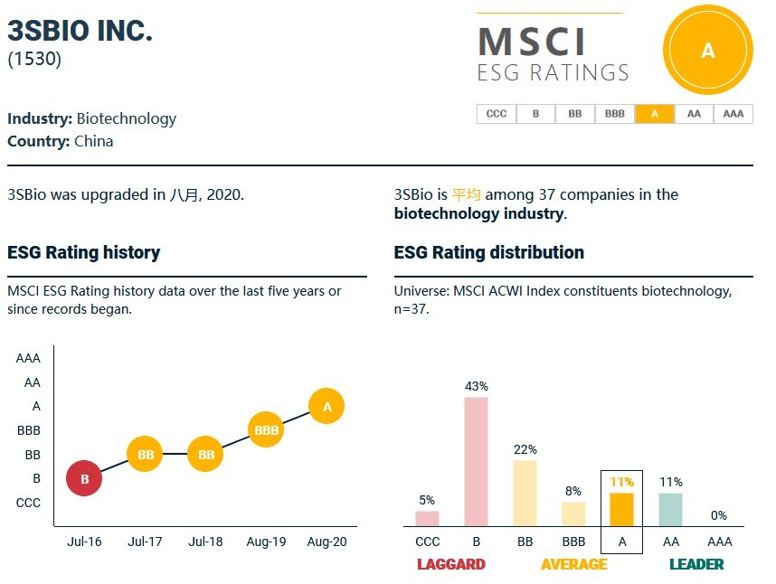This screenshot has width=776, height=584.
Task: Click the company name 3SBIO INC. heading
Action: [x=80, y=30]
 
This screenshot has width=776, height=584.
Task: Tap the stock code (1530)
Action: [x=33, y=60]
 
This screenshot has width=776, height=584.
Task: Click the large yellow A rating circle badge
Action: [x=707, y=51]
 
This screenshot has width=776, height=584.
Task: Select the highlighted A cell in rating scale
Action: [x=654, y=114]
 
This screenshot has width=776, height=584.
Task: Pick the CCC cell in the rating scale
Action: [x=496, y=114]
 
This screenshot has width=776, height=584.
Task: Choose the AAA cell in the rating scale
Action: [x=733, y=114]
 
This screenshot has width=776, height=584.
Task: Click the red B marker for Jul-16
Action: [x=84, y=479]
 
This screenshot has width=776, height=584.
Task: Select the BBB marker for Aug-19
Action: [x=267, y=430]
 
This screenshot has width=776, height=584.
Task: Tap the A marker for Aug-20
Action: [x=326, y=407]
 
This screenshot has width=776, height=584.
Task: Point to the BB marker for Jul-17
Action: [x=145, y=455]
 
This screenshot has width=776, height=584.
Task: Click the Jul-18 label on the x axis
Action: [x=205, y=542]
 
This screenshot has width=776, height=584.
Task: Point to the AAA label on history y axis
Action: [x=28, y=358]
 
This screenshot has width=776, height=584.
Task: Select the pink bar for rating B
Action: [x=476, y=461]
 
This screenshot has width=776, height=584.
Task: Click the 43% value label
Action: [x=476, y=386]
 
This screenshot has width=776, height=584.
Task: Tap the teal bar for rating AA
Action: [x=670, y=509]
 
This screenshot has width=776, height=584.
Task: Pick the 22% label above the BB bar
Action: [x=525, y=449]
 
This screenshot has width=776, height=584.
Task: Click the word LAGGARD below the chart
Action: [x=450, y=564]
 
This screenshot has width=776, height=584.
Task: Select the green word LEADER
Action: [x=696, y=564]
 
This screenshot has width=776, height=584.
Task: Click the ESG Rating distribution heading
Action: [x=488, y=252]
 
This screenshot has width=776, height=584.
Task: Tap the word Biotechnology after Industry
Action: [x=126, y=118]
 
